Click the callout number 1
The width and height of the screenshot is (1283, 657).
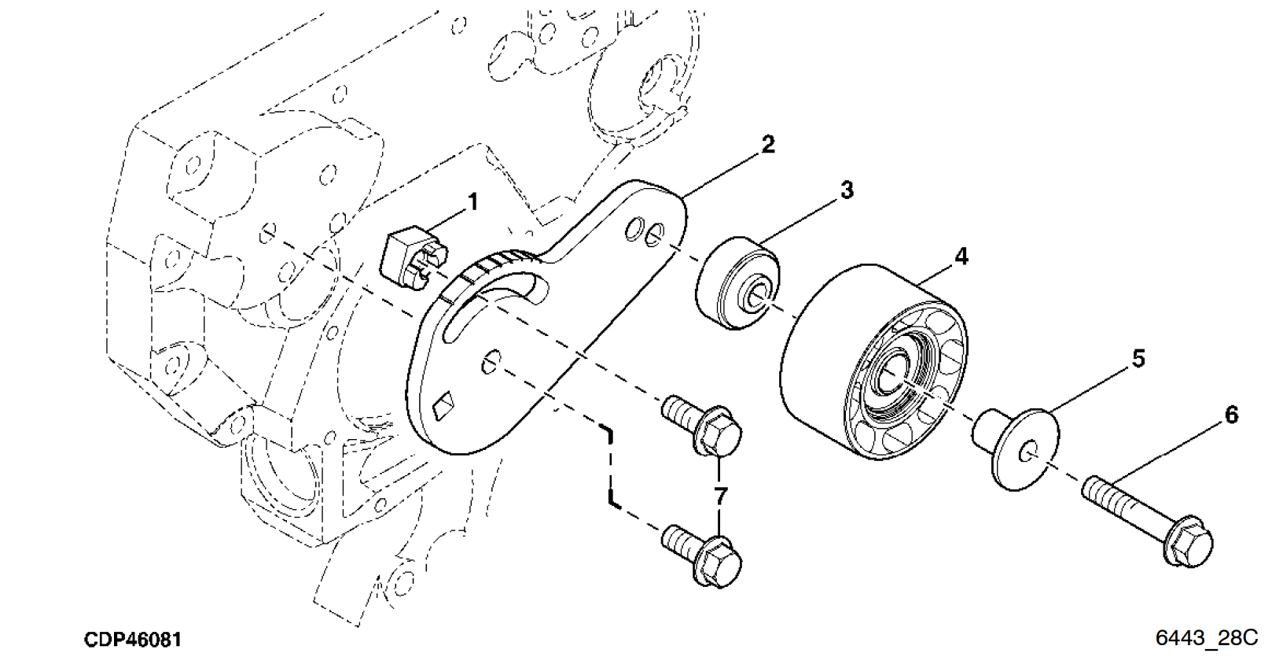[472, 203]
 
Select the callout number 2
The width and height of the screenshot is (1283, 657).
[767, 144]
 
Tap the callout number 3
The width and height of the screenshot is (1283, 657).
[846, 190]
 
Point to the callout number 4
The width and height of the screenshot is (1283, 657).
[961, 257]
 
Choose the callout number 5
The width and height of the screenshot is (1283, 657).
[1138, 359]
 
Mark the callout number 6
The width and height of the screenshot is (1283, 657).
[1231, 415]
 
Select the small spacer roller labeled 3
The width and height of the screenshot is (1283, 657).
[737, 282]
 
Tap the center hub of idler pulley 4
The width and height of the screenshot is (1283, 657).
[895, 374]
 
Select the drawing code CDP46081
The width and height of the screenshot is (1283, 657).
[133, 639]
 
